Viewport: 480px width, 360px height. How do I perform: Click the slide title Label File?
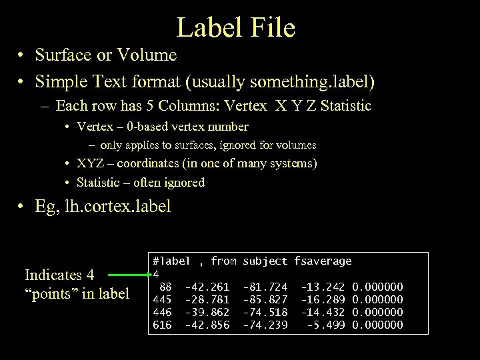pyautogui.click(x=235, y=27)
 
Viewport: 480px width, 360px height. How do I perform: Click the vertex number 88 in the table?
pyautogui.click(x=165, y=287)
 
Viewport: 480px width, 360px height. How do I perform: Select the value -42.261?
pyautogui.click(x=207, y=287)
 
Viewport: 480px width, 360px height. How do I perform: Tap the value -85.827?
pyautogui.click(x=265, y=299)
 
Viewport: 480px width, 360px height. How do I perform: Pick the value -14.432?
pyautogui.click(x=323, y=312)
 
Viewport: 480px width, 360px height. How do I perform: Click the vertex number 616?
pyautogui.click(x=162, y=325)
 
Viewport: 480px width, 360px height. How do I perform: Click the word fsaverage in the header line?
pyautogui.click(x=323, y=261)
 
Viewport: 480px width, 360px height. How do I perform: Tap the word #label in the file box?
pyautogui.click(x=171, y=261)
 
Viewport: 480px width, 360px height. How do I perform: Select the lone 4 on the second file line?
pyautogui.click(x=156, y=274)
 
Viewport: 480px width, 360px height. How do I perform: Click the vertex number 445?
pyautogui.click(x=162, y=299)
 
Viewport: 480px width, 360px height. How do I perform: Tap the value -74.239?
pyautogui.click(x=265, y=325)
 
